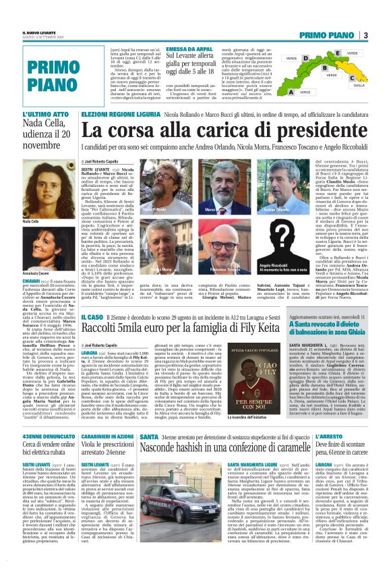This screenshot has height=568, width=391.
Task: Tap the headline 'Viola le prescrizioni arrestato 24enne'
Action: [x=111, y=449]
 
